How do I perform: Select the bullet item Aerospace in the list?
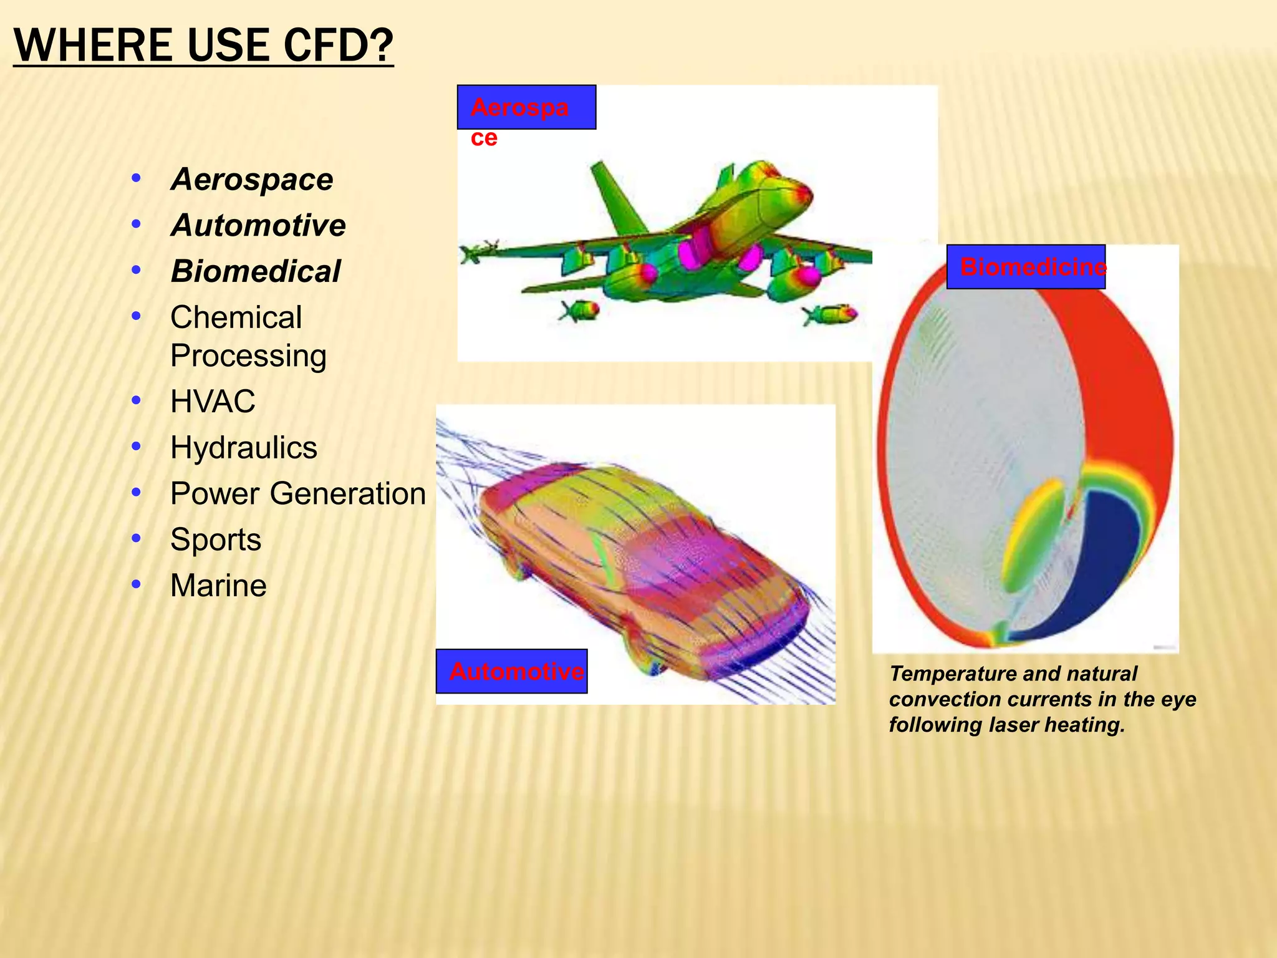pos(252,180)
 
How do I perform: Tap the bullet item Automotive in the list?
pos(258,225)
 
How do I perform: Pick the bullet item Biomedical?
pos(256,271)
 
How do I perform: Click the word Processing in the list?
pos(248,356)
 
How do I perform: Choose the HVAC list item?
pos(213,401)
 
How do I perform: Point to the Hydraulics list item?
pos(244,448)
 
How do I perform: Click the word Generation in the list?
pos(352,493)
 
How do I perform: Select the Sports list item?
pos(216,539)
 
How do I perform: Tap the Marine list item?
pos(218,586)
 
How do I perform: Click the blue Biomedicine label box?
pos(1026,267)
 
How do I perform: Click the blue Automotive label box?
pos(511,671)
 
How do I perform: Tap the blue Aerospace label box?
pos(526,107)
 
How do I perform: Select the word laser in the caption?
pos(1014,725)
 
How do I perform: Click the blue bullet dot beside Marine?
pos(137,584)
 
